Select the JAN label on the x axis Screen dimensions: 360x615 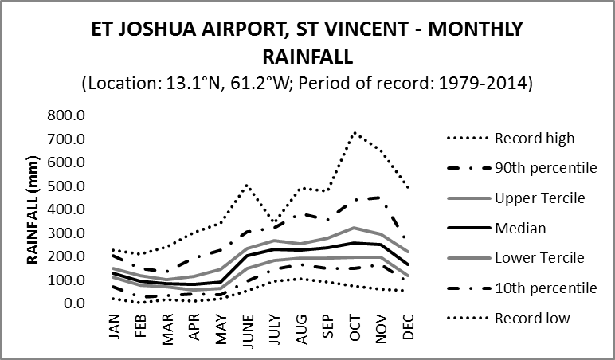click(114, 327)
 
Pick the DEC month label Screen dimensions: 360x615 click(408, 327)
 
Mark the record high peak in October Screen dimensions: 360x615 click(354, 132)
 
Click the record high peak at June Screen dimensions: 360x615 click(246, 186)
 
